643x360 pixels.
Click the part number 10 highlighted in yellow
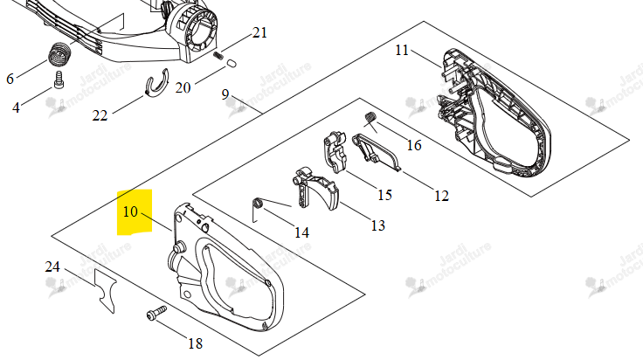click(130, 211)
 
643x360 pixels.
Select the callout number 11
click(402, 50)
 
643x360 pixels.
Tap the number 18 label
click(195, 343)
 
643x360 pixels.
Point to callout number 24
click(52, 267)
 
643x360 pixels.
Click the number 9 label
click(225, 94)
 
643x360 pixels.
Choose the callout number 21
click(259, 32)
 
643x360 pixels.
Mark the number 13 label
click(377, 225)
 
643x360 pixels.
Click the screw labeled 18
click(156, 314)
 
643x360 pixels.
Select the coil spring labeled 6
click(60, 54)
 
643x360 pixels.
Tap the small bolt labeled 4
click(59, 80)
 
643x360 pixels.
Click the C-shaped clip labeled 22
click(157, 84)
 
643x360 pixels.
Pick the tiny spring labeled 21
click(218, 55)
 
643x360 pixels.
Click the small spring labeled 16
click(370, 117)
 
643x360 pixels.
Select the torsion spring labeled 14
click(258, 203)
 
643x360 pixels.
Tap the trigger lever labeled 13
click(315, 189)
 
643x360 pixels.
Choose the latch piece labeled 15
click(335, 152)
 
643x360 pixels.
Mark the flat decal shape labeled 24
click(106, 291)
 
